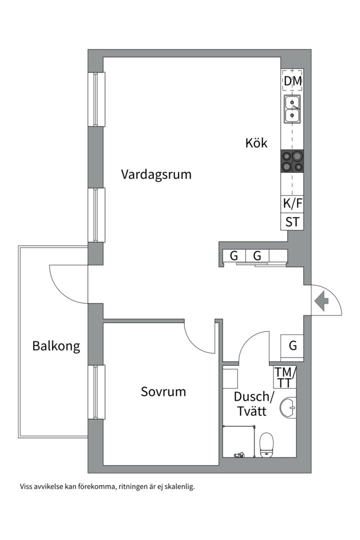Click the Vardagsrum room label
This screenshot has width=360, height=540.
pos(156,174)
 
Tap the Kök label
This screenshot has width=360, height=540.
pos(256,143)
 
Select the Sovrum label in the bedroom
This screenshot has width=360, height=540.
pos(163,391)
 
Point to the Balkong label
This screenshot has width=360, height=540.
pos(56,346)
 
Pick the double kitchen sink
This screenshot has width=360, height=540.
pos(292,109)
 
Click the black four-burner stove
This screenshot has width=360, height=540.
pos(292,161)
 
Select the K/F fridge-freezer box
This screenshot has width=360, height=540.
pos(292,203)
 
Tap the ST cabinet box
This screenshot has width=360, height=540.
pos(292,222)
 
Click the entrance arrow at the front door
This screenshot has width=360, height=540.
pos(321,301)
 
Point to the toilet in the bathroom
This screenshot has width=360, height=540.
pos(266,445)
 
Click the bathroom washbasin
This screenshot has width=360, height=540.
pos(288,408)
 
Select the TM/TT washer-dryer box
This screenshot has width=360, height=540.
pos(284,377)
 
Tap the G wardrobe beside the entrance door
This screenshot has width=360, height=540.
pos(292,345)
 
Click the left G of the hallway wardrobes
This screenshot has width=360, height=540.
pos(234,256)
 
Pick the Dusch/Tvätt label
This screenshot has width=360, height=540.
pos(253,403)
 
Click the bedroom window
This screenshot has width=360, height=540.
pos(96,392)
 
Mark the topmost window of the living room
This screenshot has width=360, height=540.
pos(96,99)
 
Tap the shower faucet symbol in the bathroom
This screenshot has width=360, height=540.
pos(239,455)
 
